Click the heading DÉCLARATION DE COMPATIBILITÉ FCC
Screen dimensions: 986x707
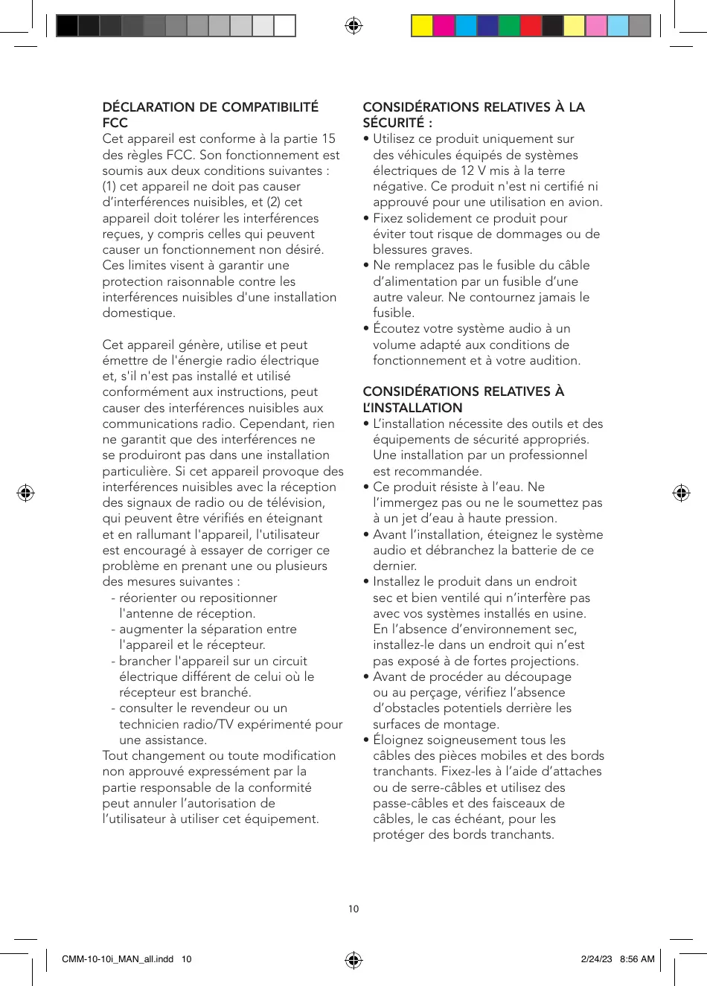click(x=210, y=115)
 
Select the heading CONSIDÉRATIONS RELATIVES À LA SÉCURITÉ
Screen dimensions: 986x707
click(x=473, y=115)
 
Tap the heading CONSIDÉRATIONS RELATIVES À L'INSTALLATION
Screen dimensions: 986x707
click(x=463, y=400)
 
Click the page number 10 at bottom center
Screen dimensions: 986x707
click(x=353, y=909)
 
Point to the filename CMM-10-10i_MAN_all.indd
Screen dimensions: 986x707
click(x=118, y=959)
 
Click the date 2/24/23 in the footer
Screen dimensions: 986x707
click(x=596, y=959)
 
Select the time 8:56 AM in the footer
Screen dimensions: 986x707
click(x=637, y=959)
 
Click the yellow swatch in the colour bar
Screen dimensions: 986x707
click(x=423, y=26)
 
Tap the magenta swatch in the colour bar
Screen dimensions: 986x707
click(x=444, y=26)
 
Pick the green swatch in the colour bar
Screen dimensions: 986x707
click(x=509, y=26)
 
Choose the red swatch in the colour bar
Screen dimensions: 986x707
click(x=531, y=26)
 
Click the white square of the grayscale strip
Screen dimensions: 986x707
click(x=285, y=26)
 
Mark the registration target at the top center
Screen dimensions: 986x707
click(x=353, y=26)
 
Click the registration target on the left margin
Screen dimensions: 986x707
click(x=25, y=493)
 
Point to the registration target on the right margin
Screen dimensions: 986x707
click(x=681, y=493)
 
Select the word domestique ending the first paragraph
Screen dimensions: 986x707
click(x=139, y=313)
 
